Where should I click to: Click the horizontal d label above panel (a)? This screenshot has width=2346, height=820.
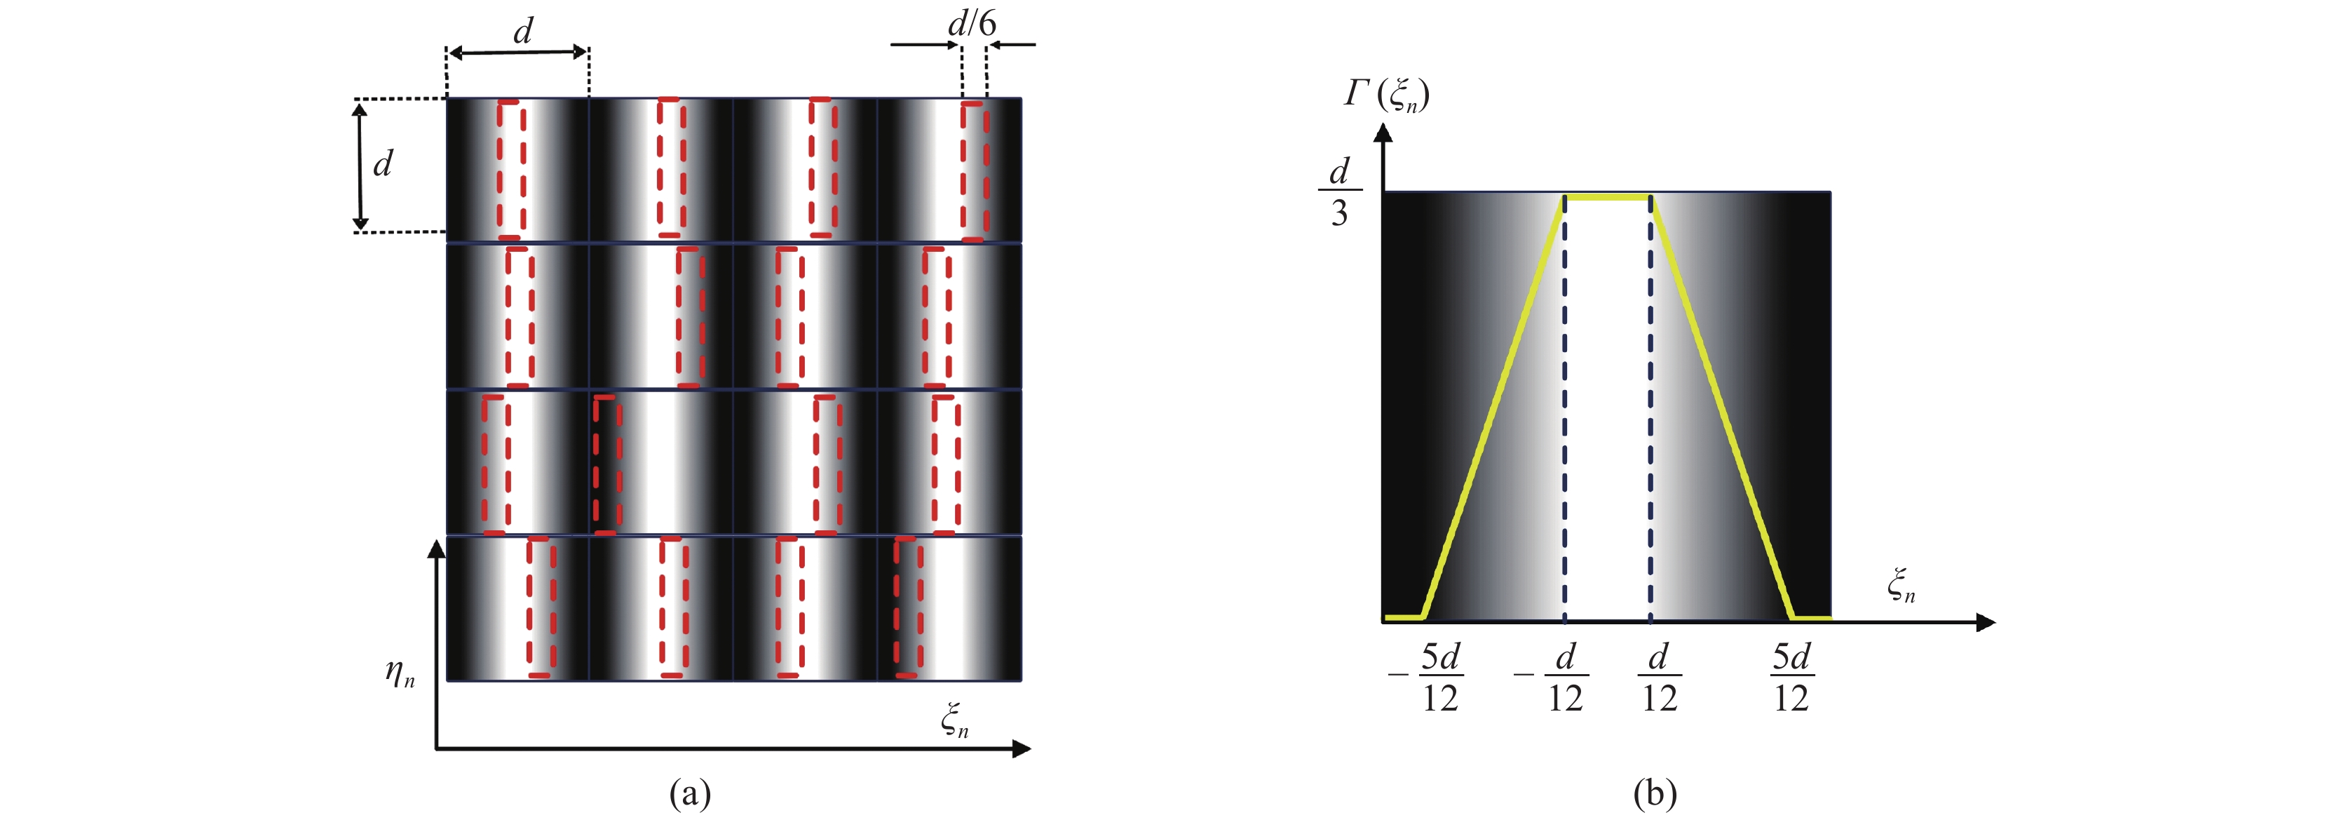tap(523, 32)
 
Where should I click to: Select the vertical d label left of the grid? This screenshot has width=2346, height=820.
tap(383, 164)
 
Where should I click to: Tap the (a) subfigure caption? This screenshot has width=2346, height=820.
tap(689, 793)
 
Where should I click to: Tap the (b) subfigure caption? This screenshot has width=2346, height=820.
tap(1655, 793)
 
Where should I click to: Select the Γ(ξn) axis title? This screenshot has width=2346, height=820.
tap(1386, 95)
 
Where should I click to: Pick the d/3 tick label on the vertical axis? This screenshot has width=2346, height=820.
tap(1338, 192)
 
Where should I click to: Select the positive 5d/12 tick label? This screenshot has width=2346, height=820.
tap(1791, 678)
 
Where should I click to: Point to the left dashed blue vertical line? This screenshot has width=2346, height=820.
tap(1565, 410)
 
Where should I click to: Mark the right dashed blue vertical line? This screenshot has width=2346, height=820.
tap(1650, 410)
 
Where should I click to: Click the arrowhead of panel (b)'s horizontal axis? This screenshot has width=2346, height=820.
tap(1987, 622)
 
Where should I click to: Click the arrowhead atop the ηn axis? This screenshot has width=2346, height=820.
tap(437, 548)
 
